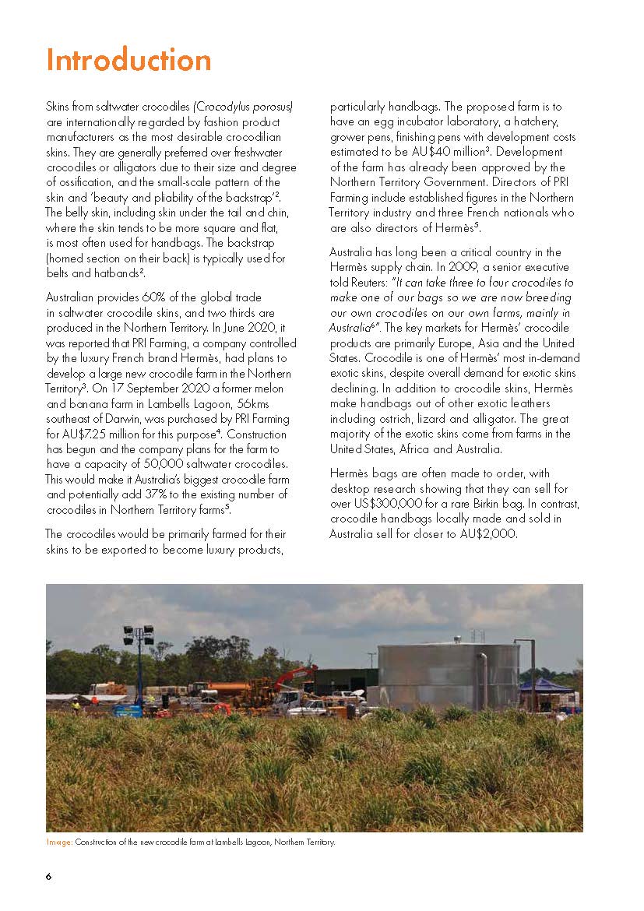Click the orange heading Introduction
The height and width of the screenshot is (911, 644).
(128, 61)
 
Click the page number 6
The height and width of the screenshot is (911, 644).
(48, 876)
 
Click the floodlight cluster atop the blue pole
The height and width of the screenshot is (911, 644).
(139, 635)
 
